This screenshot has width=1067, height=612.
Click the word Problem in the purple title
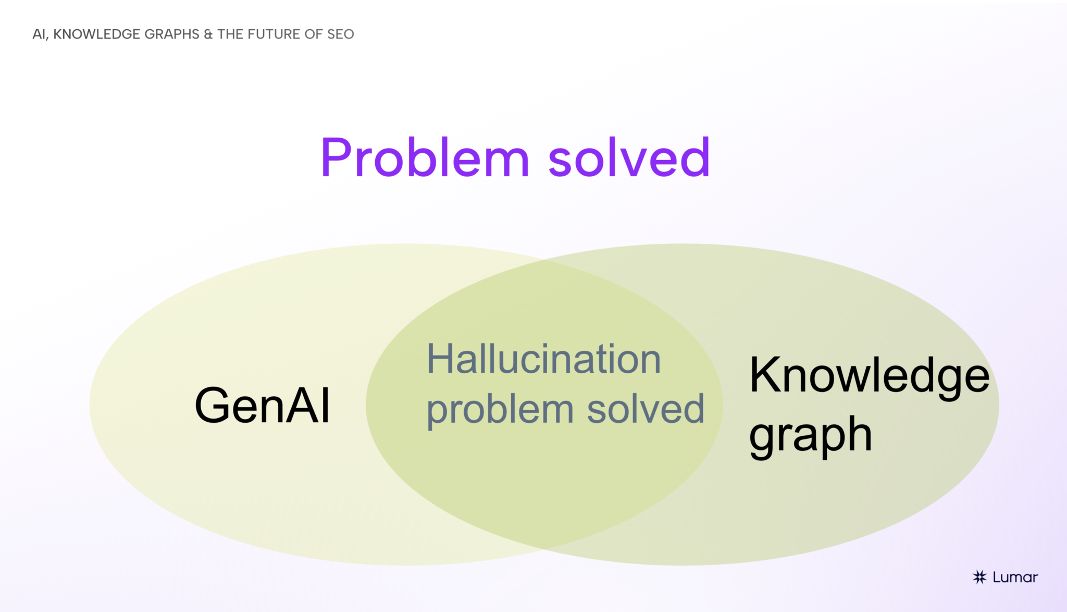point(425,158)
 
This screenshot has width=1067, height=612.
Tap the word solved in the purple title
point(629,158)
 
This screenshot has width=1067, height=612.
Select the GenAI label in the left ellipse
point(262,406)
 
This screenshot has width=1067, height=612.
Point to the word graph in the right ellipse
point(810,436)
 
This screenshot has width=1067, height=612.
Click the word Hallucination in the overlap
point(543,359)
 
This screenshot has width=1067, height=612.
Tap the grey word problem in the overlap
point(500,410)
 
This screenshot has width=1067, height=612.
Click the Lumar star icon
point(979,577)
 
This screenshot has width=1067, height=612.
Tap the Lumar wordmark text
point(1015,577)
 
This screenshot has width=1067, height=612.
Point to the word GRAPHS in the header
point(172,34)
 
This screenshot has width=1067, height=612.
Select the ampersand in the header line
point(208,34)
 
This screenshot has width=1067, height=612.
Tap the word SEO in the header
point(340,34)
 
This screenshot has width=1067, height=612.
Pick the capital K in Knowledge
point(764,375)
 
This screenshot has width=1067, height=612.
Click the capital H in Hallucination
point(439,359)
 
